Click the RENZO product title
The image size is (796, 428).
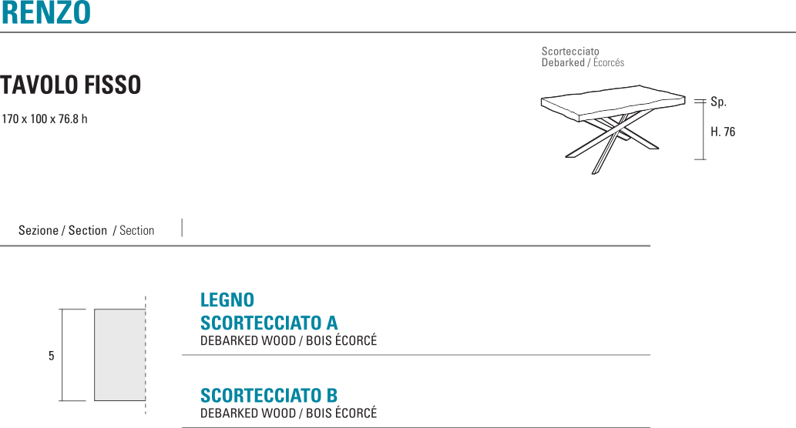(45, 13)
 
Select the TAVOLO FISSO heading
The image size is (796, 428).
(71, 85)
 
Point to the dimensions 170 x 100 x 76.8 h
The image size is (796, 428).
(44, 119)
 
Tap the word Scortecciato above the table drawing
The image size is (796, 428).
(570, 52)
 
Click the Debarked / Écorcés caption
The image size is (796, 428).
(583, 63)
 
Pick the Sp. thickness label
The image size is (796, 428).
(718, 102)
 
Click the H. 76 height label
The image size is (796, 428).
(723, 132)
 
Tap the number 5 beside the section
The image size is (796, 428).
(51, 356)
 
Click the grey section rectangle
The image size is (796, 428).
(119, 355)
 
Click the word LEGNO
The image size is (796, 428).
(227, 299)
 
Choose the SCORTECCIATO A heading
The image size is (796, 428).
(269, 323)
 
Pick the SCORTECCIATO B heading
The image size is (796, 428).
(269, 396)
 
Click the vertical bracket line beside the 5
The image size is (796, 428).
(62, 355)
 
